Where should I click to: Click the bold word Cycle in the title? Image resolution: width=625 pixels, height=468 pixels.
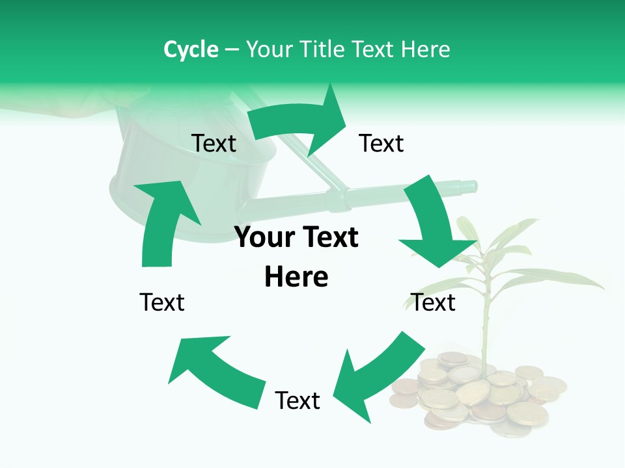point(191,49)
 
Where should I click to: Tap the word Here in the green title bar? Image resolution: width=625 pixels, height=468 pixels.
point(426,49)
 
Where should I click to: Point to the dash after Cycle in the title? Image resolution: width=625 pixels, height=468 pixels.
point(232,50)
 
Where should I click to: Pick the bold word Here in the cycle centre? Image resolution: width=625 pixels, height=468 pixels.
point(296,277)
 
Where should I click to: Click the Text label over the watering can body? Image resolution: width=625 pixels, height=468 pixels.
point(214,143)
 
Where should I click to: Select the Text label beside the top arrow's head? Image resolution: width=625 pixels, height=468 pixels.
point(382,143)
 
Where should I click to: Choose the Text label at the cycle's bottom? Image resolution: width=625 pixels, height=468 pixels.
point(298,400)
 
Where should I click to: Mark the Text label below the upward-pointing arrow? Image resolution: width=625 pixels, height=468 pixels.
point(162,302)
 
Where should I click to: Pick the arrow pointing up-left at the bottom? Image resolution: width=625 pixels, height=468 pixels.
point(215,367)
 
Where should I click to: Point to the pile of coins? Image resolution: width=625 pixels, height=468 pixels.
point(479,396)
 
